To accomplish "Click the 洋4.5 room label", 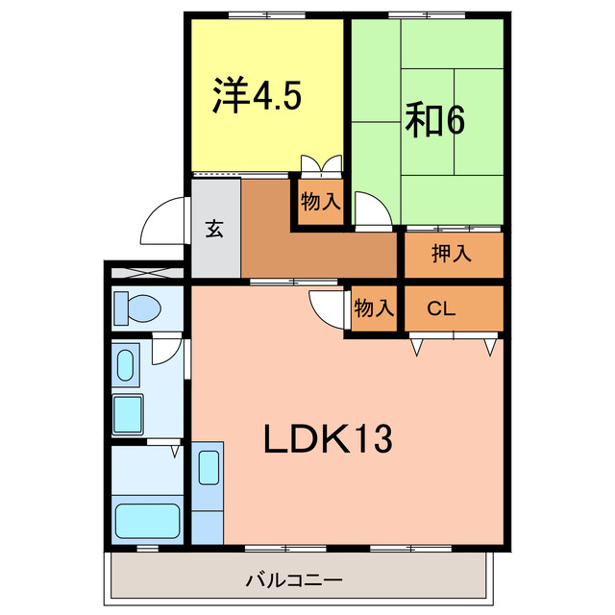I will tap(257, 95).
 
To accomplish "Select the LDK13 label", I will tap(328, 439).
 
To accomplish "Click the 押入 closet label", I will tap(451, 255).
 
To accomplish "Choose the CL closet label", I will tap(440, 308).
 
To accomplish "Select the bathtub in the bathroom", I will tap(148, 520).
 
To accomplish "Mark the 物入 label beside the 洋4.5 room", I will tap(320, 203).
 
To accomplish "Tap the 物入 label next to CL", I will tap(374, 308).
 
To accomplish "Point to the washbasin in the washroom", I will tap(125, 365).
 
